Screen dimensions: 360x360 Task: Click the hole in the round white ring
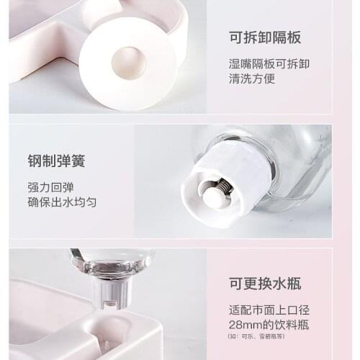(129, 62)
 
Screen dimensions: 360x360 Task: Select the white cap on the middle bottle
(223, 184)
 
